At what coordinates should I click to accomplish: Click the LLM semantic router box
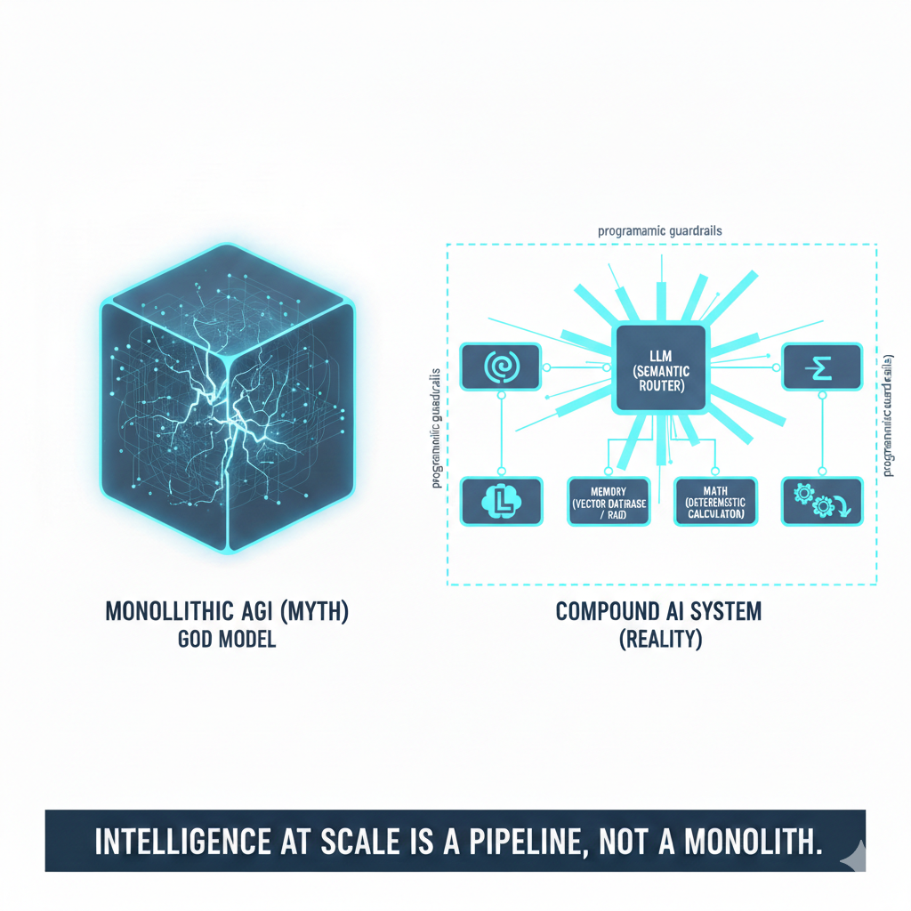point(659,368)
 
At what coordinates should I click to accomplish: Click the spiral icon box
point(500,367)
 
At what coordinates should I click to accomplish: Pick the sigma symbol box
point(821,367)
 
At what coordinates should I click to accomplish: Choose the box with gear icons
point(821,501)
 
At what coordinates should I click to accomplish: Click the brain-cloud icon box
point(501,501)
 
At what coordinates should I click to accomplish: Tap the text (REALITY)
point(659,640)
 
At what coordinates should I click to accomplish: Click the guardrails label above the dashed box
point(659,230)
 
